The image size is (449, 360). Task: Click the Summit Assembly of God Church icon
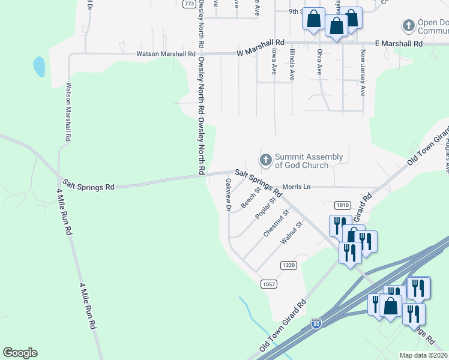click(265, 160)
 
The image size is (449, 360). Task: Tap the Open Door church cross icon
click(408, 26)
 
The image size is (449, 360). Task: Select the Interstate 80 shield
click(316, 324)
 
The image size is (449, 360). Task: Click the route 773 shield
click(189, 4)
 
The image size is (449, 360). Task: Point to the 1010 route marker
click(343, 205)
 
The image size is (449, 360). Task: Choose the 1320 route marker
click(289, 265)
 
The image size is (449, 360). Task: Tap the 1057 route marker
click(268, 283)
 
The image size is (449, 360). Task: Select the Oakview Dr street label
click(228, 195)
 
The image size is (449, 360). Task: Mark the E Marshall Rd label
click(399, 43)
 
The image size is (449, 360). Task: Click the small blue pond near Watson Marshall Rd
click(39, 67)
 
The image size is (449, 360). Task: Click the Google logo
click(20, 353)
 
